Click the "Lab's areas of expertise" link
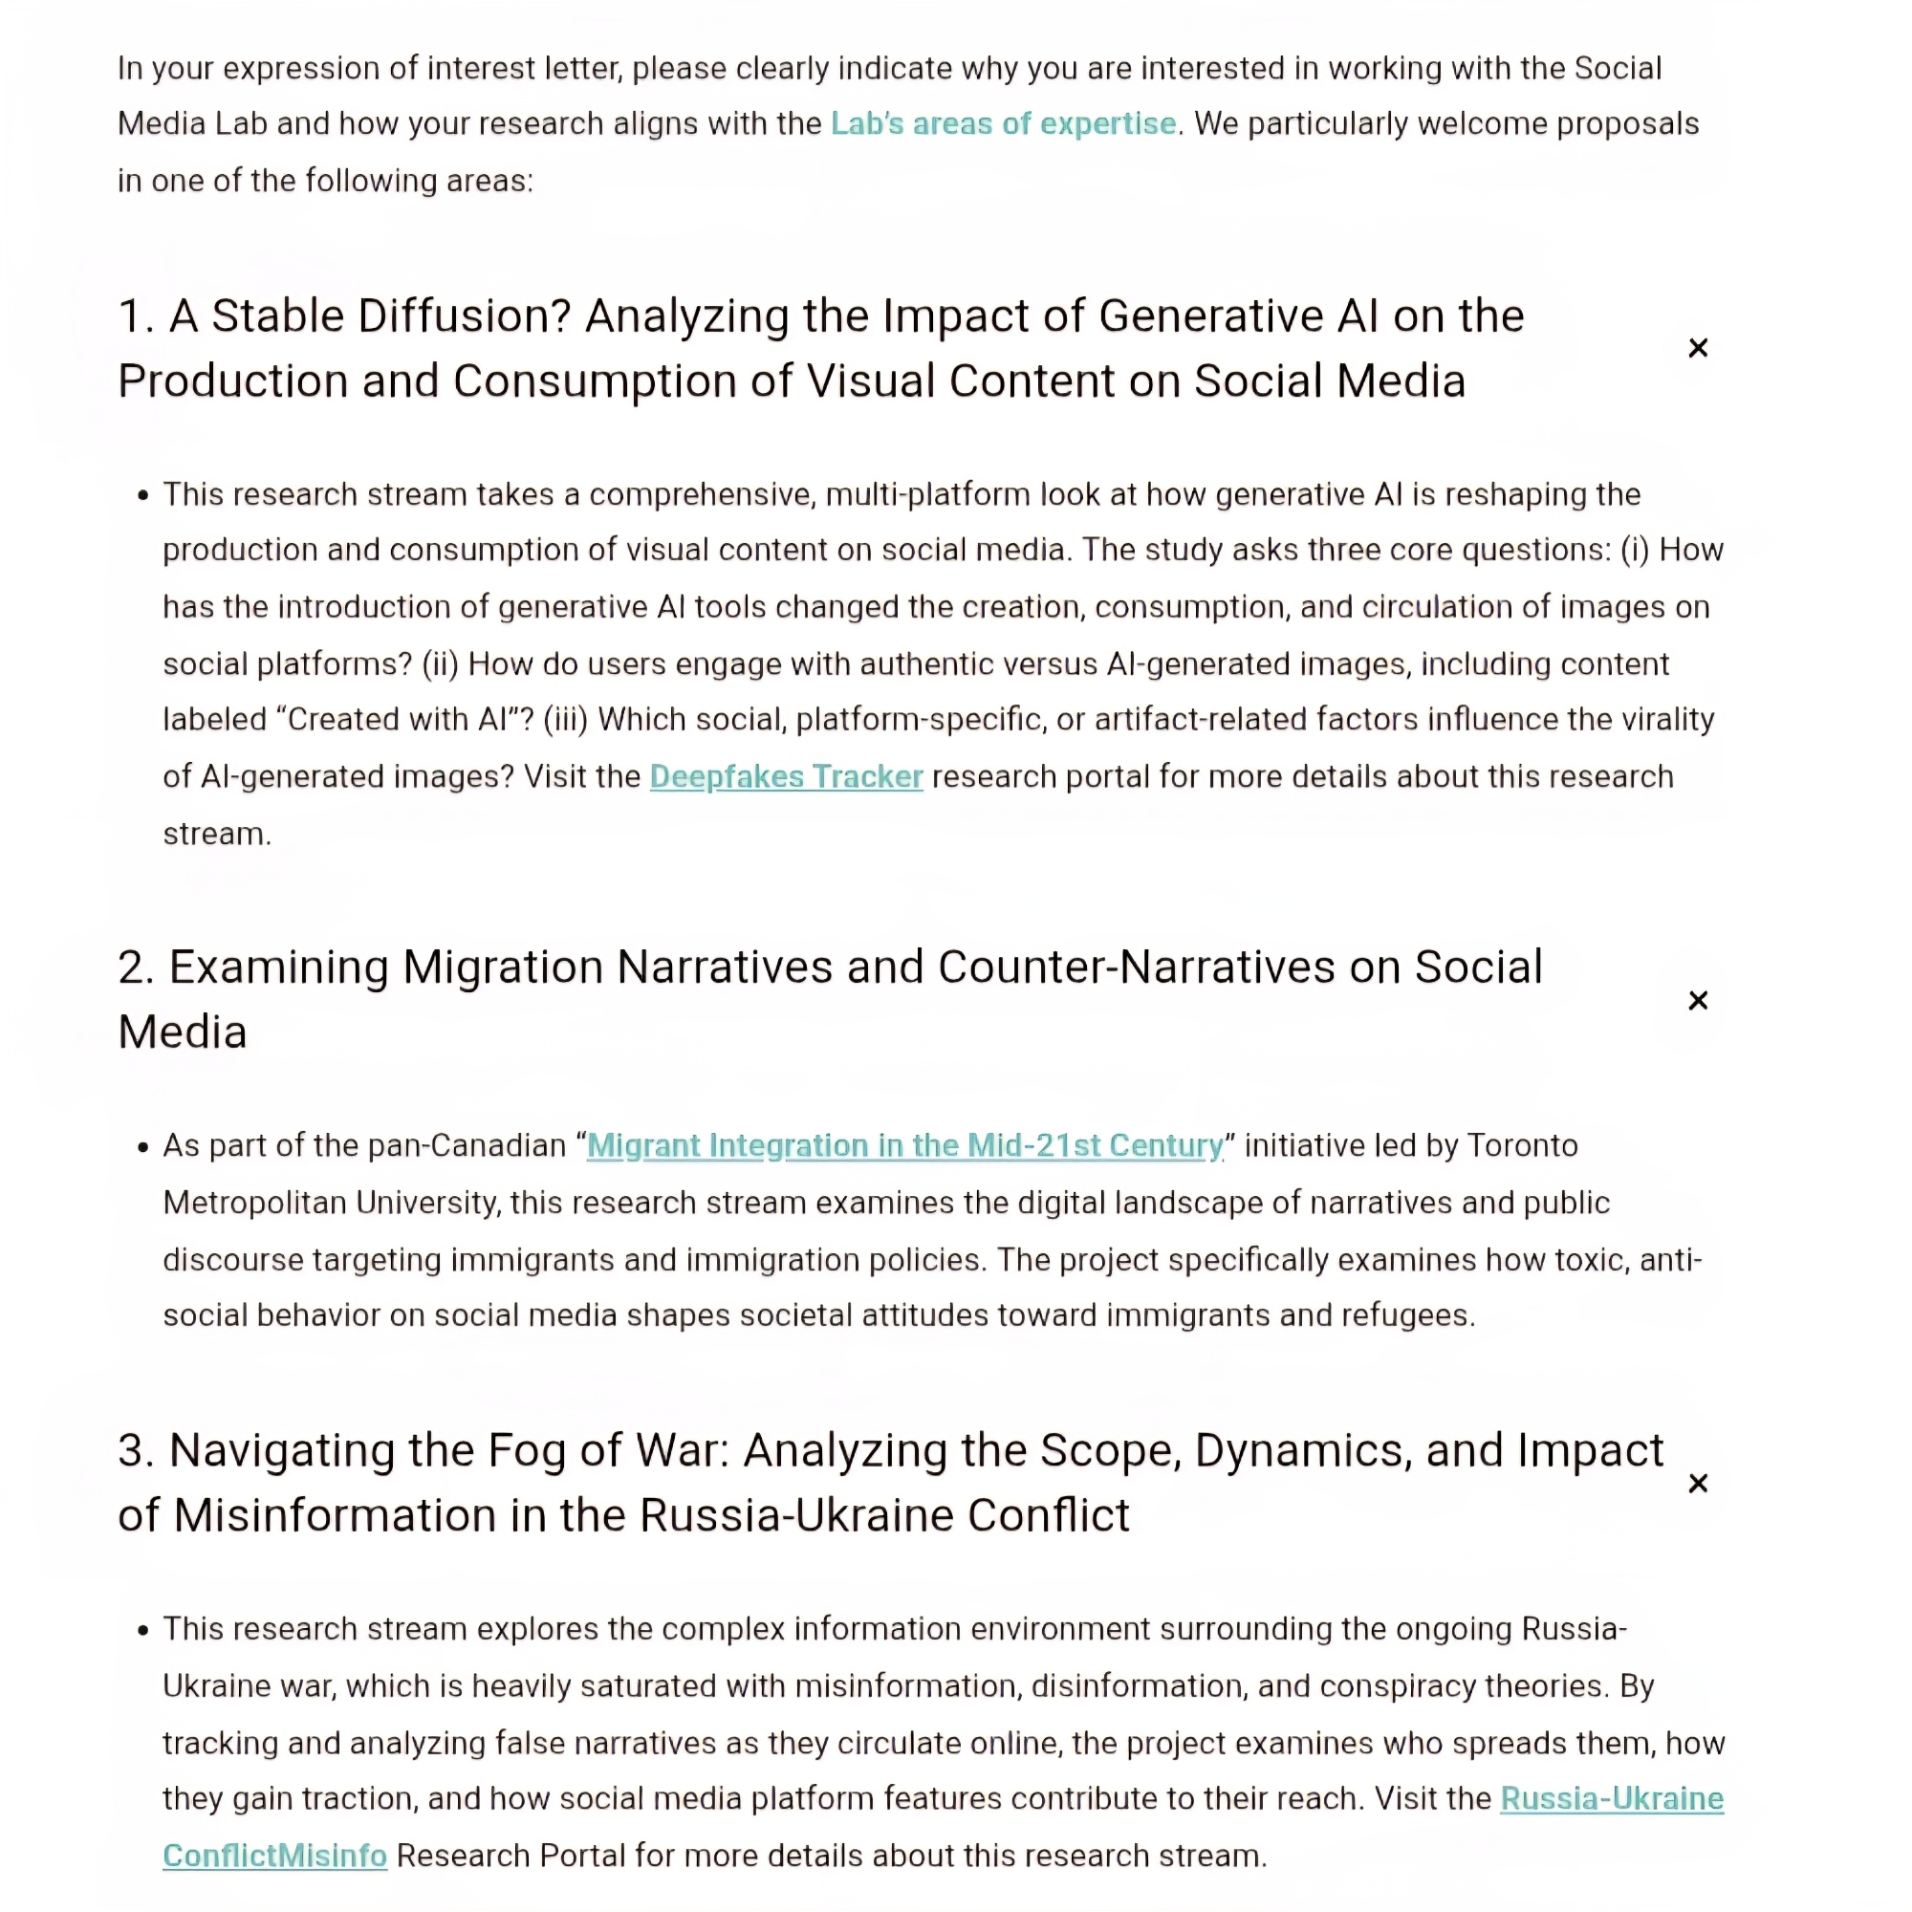pos(1003,123)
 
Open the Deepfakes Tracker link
pos(786,777)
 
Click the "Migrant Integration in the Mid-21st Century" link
pos(904,1145)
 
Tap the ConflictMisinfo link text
pos(274,1856)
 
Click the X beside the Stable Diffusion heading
pos(1698,348)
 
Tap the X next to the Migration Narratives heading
pos(1698,1001)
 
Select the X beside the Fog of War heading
pos(1698,1484)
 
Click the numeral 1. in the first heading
pos(136,316)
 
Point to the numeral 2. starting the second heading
pos(136,967)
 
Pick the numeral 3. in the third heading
pos(136,1451)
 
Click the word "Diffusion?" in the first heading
pos(465,316)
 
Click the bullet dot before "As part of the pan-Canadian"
pos(143,1147)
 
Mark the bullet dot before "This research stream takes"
pos(143,495)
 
